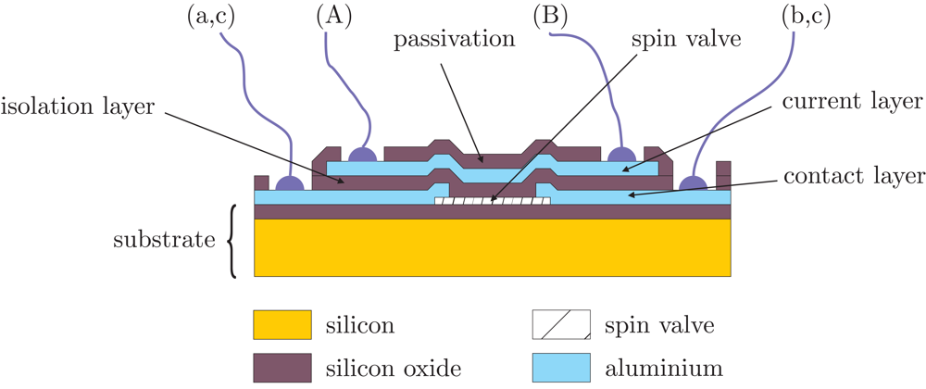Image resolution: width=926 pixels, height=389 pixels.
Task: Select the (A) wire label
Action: pyautogui.click(x=335, y=17)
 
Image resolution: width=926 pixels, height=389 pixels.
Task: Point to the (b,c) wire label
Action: pyautogui.click(x=791, y=17)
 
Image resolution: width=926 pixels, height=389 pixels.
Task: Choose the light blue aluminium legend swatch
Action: pyautogui.click(x=561, y=368)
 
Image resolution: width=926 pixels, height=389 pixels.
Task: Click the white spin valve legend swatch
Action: pyautogui.click(x=561, y=326)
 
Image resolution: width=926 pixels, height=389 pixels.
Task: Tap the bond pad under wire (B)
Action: pyautogui.click(x=619, y=154)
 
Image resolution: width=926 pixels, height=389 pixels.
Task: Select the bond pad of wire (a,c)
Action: pyautogui.click(x=291, y=183)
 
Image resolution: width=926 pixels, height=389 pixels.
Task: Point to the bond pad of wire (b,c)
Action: pyautogui.click(x=691, y=183)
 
